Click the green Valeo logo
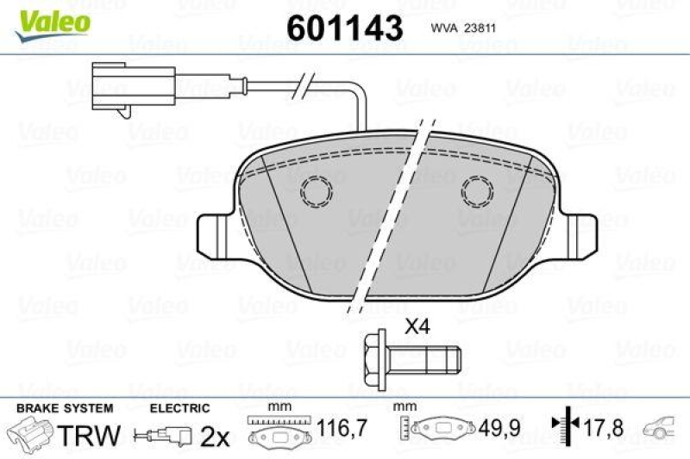53,25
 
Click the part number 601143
344,28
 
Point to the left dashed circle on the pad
317,191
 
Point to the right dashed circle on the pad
478,191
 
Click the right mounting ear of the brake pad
580,236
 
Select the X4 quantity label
417,326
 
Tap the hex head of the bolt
375,360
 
